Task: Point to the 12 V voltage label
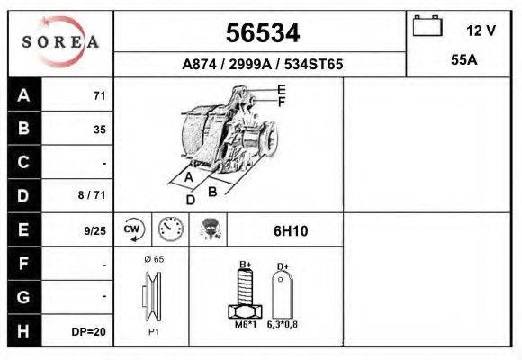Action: (x=481, y=30)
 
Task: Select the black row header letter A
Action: (x=23, y=95)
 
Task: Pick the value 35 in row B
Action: (x=100, y=130)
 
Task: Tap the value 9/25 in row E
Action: (x=94, y=230)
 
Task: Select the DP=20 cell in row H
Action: (x=89, y=331)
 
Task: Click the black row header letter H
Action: (x=23, y=330)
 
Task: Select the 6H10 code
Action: (x=290, y=229)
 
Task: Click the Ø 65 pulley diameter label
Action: (x=153, y=258)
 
